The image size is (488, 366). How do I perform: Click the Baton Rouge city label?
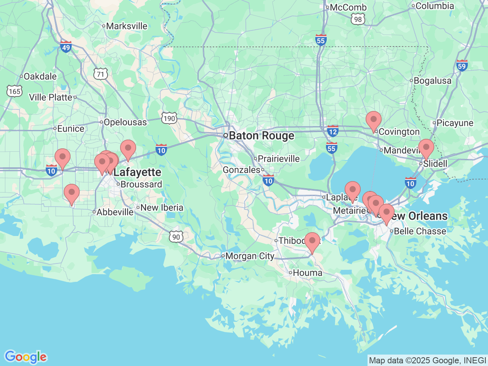pyautogui.click(x=261, y=136)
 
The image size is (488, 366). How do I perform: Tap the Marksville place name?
pyautogui.click(x=126, y=26)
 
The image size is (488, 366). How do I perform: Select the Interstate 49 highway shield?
pyautogui.click(x=66, y=47)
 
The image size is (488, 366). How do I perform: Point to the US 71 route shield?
pyautogui.click(x=101, y=74)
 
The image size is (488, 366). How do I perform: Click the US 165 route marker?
pyautogui.click(x=14, y=91)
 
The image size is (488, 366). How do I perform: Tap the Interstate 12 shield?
pyautogui.click(x=332, y=131)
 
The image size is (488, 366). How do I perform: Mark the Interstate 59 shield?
pyautogui.click(x=462, y=65)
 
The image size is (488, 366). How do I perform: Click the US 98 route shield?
pyautogui.click(x=358, y=19)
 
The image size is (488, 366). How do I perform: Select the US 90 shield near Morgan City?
pyautogui.click(x=176, y=237)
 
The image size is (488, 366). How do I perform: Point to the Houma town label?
pyautogui.click(x=307, y=273)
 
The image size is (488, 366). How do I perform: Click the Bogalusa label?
pyautogui.click(x=432, y=81)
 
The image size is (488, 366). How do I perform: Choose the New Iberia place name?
pyautogui.click(x=162, y=208)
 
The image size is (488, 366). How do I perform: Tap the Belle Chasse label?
pyautogui.click(x=419, y=231)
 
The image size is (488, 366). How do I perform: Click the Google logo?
pyautogui.click(x=26, y=357)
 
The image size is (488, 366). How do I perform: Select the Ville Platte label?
pyautogui.click(x=51, y=97)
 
